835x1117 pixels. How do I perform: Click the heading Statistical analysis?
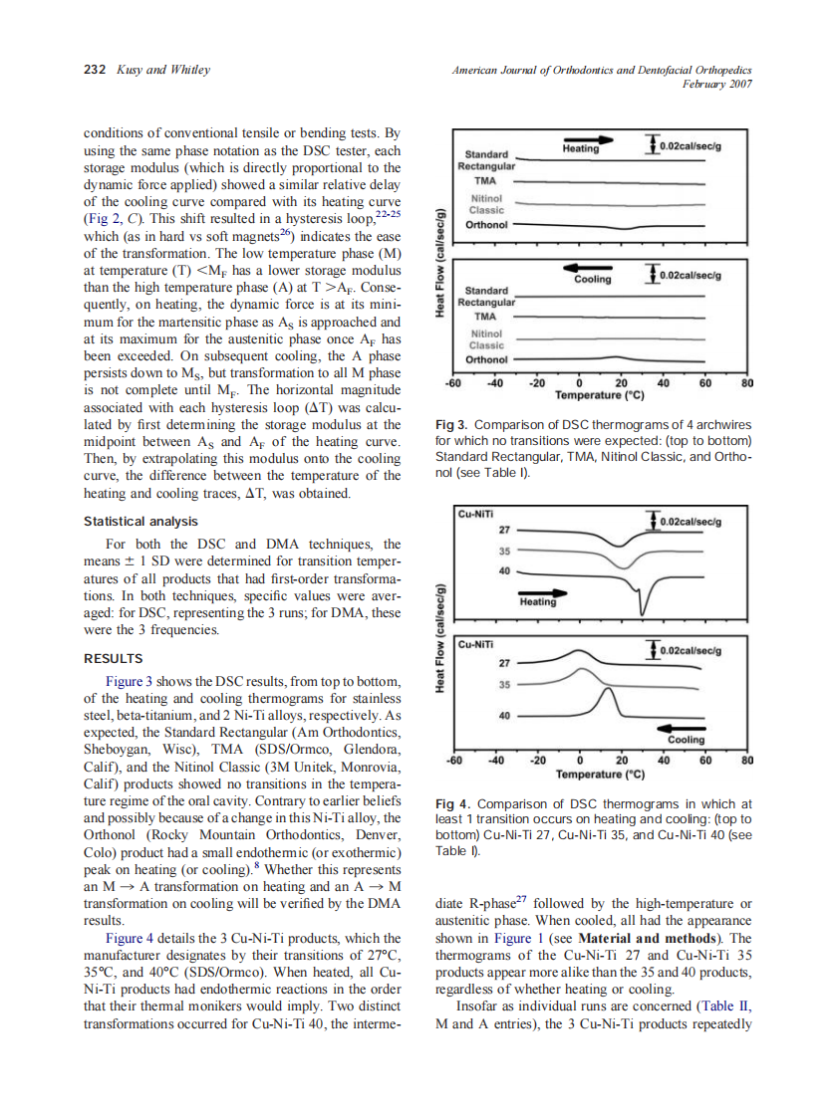click(x=140, y=521)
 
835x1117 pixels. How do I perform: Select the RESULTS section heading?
click(x=113, y=658)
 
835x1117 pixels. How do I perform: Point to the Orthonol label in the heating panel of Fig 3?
click(x=486, y=225)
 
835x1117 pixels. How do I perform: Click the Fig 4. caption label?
click(x=455, y=802)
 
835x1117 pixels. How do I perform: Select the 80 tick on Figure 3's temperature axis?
click(x=748, y=383)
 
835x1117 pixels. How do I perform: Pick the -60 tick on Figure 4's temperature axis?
click(x=453, y=760)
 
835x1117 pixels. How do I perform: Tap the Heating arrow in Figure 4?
click(x=538, y=597)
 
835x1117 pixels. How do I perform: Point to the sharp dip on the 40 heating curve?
click(x=643, y=609)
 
